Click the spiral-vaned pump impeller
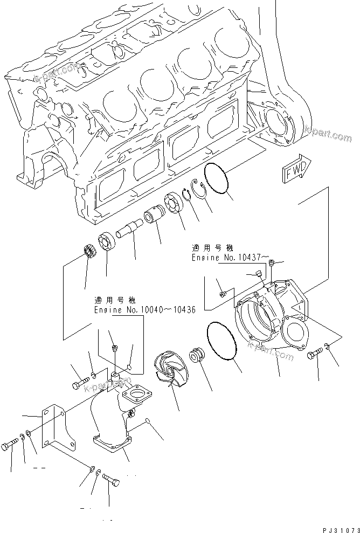click(172, 369)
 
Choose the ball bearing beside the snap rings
click(176, 203)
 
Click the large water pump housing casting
click(269, 318)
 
